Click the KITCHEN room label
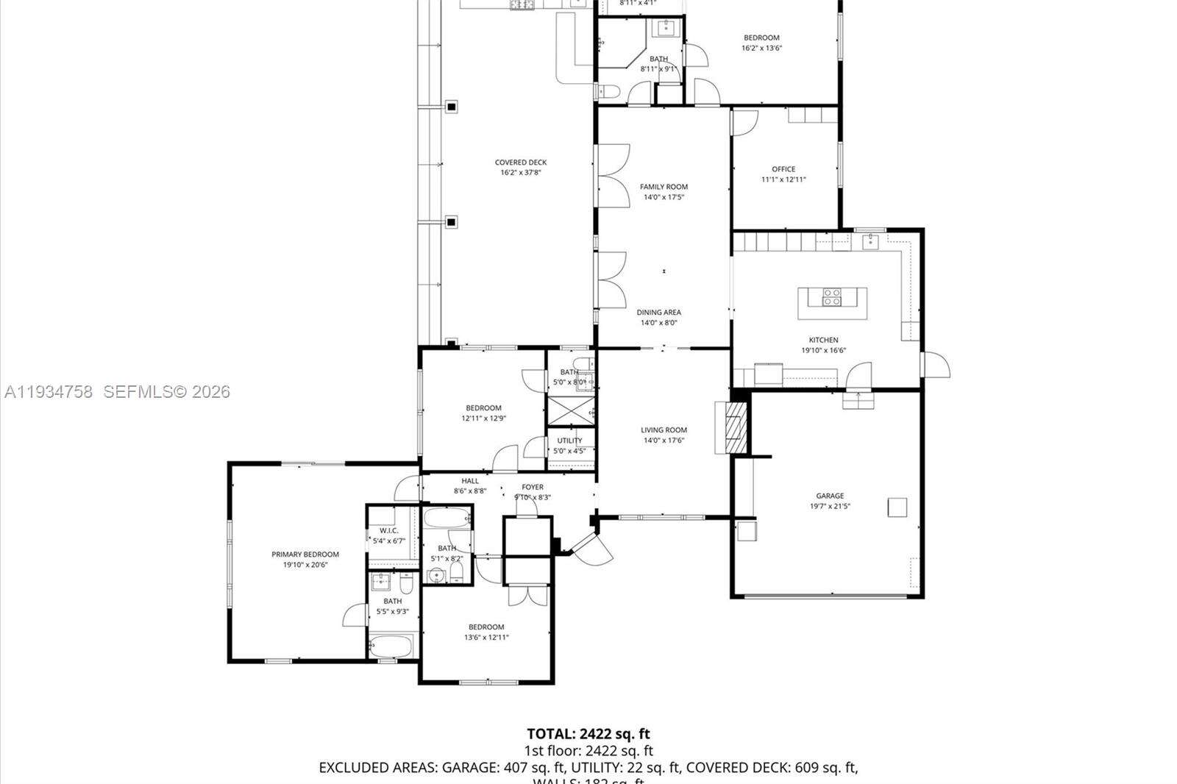[823, 340]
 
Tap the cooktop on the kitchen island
[832, 297]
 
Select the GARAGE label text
[830, 496]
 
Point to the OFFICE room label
[783, 169]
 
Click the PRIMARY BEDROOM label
[305, 555]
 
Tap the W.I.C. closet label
[388, 530]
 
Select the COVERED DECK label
[521, 163]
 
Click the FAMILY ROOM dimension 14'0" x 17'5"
[664, 197]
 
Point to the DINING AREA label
[658, 312]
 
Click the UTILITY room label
[569, 441]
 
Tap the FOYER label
[533, 487]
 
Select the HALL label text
[470, 481]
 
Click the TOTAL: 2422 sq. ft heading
[588, 733]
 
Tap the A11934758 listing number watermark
[49, 392]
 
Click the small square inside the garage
[897, 507]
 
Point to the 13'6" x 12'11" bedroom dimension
[486, 638]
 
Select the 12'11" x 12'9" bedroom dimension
[483, 418]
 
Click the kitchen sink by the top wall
[871, 240]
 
